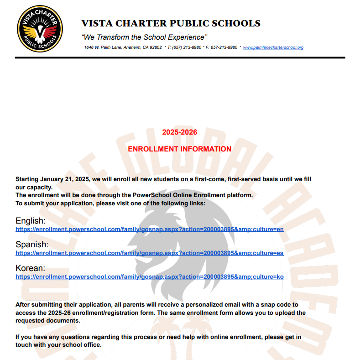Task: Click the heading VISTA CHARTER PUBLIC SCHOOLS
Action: tap(171, 23)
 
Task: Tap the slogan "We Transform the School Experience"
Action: tap(144, 37)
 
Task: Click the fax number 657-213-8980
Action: tap(224, 47)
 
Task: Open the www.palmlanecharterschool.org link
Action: tap(273, 47)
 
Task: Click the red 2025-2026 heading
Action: tap(179, 132)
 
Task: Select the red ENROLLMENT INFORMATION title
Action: tap(179, 149)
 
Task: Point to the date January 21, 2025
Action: tap(66, 180)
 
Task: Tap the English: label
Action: tap(31, 221)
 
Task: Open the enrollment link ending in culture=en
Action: tap(149, 229)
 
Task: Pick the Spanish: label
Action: tap(32, 245)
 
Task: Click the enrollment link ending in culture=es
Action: tap(149, 253)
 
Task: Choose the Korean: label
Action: tap(30, 268)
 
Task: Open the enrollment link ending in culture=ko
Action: tap(149, 277)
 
